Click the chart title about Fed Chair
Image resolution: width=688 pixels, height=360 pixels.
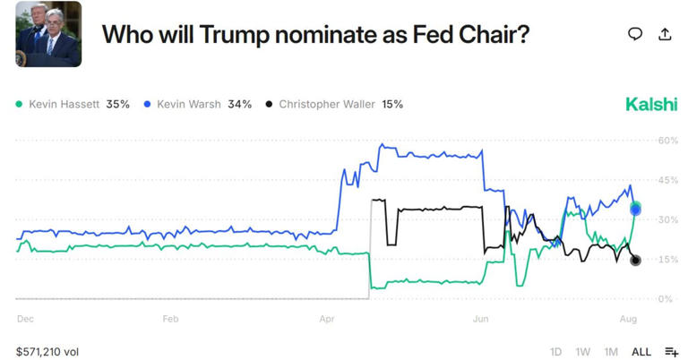click(315, 34)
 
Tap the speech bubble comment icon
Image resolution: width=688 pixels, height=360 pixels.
click(635, 34)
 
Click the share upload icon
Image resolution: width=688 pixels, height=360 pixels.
click(665, 34)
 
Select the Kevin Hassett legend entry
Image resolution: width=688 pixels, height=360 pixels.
click(73, 104)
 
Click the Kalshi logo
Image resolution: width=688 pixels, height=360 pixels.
click(651, 104)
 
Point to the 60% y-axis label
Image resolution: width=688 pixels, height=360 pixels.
click(668, 141)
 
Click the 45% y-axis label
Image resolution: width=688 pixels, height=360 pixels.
click(668, 180)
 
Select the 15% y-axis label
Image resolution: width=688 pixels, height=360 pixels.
click(668, 260)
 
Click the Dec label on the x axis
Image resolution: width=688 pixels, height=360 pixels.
click(25, 318)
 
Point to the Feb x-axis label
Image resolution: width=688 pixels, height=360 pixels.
click(170, 318)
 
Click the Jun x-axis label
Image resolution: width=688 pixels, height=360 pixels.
click(480, 318)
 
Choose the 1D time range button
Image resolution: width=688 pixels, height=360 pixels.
click(555, 352)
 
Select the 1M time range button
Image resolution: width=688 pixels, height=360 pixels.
click(611, 352)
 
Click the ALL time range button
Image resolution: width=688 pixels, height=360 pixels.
click(641, 352)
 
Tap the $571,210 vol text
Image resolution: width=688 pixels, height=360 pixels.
click(47, 352)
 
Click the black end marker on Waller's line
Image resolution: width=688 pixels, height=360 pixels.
click(635, 261)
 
